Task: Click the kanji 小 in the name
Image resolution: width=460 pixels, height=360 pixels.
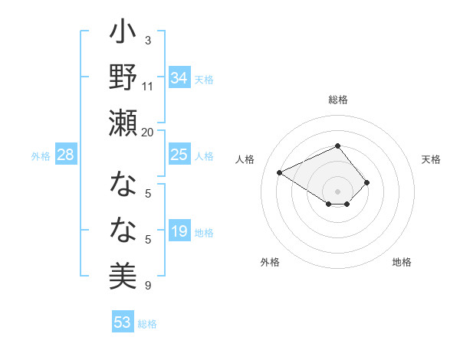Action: point(123,34)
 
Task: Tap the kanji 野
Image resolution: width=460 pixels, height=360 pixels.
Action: point(123,79)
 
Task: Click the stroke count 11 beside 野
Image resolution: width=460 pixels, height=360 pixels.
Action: point(148,87)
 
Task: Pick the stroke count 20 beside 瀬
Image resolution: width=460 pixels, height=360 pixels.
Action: point(148,132)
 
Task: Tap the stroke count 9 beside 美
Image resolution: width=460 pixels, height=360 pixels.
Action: point(148,286)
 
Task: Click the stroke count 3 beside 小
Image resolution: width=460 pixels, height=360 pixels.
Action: point(148,40)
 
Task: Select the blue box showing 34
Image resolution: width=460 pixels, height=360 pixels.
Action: point(179,77)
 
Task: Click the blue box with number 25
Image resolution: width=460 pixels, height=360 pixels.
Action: point(179,155)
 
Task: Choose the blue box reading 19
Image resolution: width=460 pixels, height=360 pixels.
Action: point(179,231)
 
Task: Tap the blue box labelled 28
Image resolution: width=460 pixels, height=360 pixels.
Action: point(66,155)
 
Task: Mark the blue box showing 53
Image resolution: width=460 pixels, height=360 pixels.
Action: point(123,322)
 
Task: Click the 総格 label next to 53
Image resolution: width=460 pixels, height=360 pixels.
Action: point(147,324)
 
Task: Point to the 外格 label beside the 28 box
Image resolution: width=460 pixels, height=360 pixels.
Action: point(41,156)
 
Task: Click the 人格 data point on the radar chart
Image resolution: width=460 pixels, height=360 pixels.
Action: point(280,173)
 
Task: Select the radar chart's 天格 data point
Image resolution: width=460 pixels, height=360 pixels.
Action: point(367,182)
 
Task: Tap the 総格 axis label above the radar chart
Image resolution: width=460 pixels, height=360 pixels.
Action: point(337,100)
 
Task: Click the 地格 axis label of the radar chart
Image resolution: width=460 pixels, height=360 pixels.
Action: point(402,262)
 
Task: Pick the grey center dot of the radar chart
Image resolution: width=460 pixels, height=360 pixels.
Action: point(337,191)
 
